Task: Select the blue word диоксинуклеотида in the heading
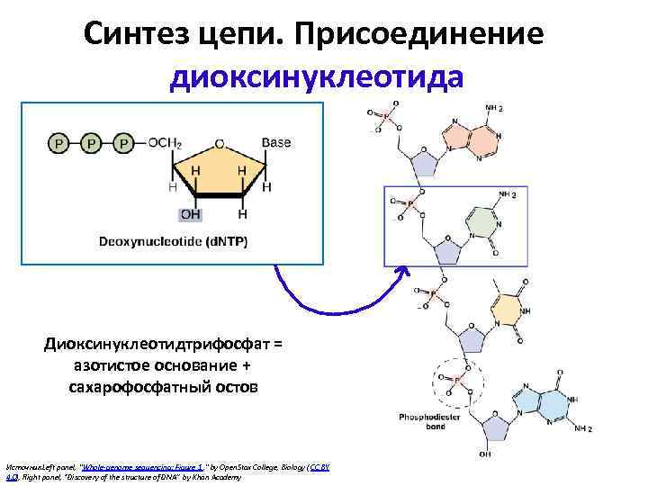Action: [317, 77]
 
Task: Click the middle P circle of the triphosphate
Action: [90, 143]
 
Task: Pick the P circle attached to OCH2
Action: [123, 143]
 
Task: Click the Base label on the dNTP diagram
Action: [276, 143]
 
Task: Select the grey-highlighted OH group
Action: [191, 215]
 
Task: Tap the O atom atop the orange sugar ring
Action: [219, 143]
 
